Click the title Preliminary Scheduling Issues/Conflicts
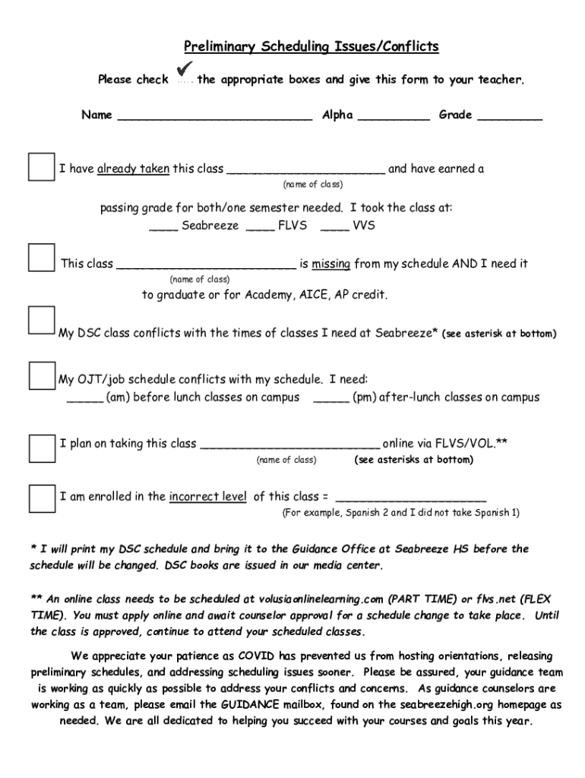[311, 47]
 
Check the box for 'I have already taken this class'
[41, 167]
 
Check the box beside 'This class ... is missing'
[41, 258]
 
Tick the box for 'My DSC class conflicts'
[41, 321]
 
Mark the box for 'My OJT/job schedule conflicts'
[41, 375]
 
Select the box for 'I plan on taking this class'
[41, 448]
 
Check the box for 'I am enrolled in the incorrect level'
[41, 498]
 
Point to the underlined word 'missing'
[330, 264]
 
